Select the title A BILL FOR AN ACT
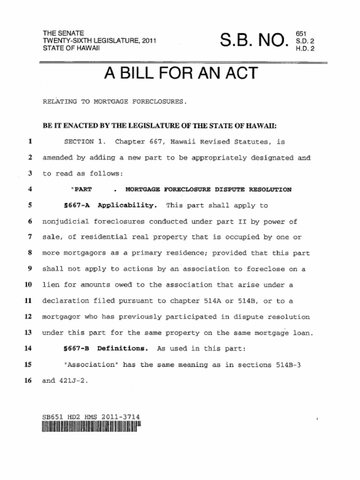[x=180, y=73]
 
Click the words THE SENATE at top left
[x=63, y=34]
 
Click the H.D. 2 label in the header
[x=305, y=48]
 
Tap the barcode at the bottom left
[x=91, y=427]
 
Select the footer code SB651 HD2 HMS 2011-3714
[x=91, y=417]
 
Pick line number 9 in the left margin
[x=29, y=269]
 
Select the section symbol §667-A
[x=76, y=205]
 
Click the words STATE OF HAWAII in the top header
[x=71, y=48]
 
